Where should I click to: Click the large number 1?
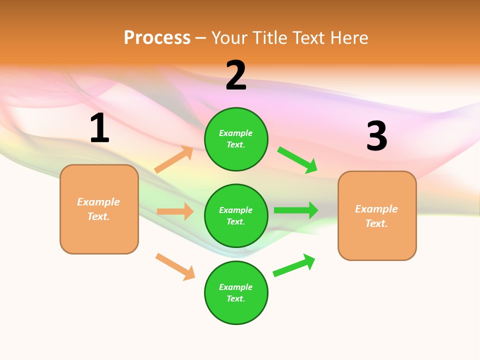[x=99, y=128]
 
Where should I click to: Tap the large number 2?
[x=236, y=75]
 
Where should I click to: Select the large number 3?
[x=376, y=136]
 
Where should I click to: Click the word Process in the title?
[x=157, y=37]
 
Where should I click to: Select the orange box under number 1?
[x=99, y=209]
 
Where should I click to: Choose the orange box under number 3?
[x=377, y=215]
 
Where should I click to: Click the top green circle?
[x=236, y=139]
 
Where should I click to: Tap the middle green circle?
[x=236, y=215]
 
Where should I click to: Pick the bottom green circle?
[x=236, y=292]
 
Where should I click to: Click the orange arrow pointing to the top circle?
[x=174, y=159]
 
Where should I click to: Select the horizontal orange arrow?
[x=175, y=211]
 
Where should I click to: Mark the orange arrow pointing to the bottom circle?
[x=175, y=266]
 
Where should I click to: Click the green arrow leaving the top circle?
[x=297, y=160]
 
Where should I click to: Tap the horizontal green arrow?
[x=296, y=210]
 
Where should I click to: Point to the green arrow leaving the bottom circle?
[x=294, y=265]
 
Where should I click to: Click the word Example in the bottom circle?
[x=236, y=287]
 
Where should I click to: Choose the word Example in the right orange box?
[x=376, y=209]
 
